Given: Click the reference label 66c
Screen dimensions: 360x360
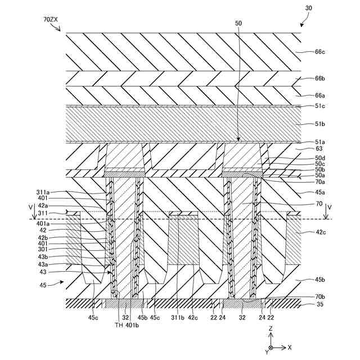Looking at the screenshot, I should coord(319,52).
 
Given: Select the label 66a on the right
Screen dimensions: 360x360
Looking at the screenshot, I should coord(319,96).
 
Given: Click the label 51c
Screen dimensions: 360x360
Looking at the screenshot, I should coord(319,106).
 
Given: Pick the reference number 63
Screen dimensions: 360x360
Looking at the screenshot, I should coord(318,149).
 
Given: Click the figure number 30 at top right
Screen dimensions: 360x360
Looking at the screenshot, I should coord(309,8).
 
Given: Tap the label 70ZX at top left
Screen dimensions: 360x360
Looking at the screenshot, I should coord(50,19).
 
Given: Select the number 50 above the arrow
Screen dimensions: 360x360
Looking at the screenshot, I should coord(238,23).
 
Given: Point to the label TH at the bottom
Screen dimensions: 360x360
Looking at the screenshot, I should coord(118,325).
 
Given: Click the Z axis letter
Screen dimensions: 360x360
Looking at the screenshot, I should coord(271,327).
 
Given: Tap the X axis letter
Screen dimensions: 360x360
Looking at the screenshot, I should coord(290,348).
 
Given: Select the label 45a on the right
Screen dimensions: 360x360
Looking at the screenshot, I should coord(319,193).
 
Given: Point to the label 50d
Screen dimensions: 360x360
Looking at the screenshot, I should coord(319,159).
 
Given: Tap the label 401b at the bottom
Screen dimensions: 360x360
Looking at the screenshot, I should coord(133,325).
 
